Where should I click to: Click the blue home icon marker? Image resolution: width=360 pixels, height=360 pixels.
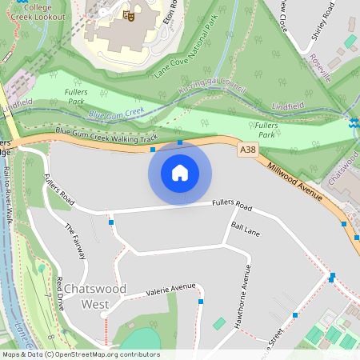180,172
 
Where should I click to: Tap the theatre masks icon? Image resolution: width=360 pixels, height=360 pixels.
128,15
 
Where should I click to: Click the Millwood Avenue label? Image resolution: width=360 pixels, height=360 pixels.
295,183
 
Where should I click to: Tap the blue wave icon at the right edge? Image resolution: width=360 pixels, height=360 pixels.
354,122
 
